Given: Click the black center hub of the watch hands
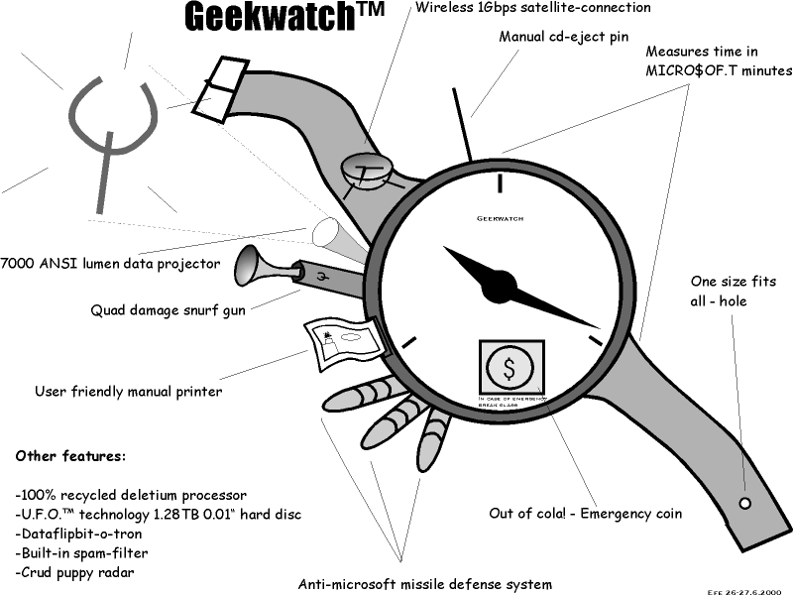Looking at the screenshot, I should pyautogui.click(x=501, y=286).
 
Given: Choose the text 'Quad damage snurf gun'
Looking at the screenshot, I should pyautogui.click(x=168, y=309).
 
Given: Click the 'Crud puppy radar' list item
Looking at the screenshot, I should pyautogui.click(x=77, y=572).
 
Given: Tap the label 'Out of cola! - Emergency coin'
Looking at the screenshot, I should pyautogui.click(x=585, y=514).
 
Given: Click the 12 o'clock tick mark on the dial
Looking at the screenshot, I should pyautogui.click(x=501, y=183).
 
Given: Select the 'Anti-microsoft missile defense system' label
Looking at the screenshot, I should pyautogui.click(x=425, y=583).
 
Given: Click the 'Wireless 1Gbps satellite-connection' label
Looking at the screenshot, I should pyautogui.click(x=532, y=8).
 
